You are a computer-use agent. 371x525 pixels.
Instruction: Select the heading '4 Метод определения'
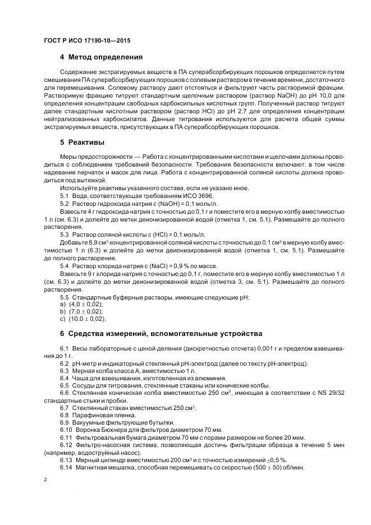pyautogui.click(x=101, y=57)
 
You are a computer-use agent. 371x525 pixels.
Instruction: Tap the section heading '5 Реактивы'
pyautogui.click(x=82, y=142)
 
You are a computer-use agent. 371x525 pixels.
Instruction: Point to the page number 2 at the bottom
pyautogui.click(x=45, y=480)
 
